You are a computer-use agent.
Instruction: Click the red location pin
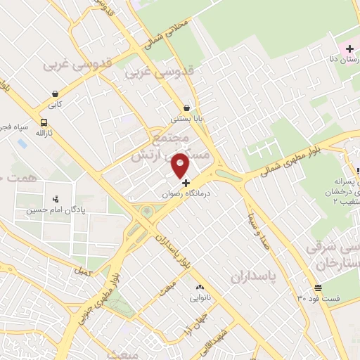coord(181,165)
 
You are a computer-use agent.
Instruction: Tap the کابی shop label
coord(55,105)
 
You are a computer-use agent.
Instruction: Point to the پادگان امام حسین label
coord(51,210)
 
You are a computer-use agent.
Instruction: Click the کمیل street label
coord(83,271)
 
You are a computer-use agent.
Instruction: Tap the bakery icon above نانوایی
coord(199,287)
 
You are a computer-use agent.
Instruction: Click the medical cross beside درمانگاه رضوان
coord(186,183)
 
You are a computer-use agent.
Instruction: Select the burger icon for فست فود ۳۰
coord(319,288)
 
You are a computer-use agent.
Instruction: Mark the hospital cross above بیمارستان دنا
coord(350,48)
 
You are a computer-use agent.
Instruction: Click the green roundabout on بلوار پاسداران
coord(146,212)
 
